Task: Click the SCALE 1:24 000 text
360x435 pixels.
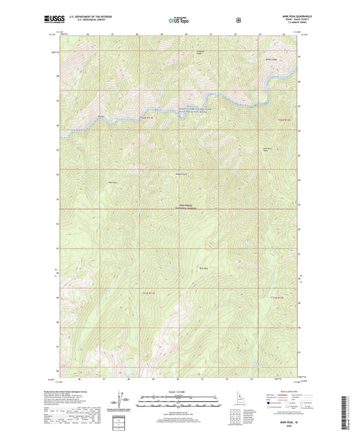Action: click(x=180, y=391)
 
